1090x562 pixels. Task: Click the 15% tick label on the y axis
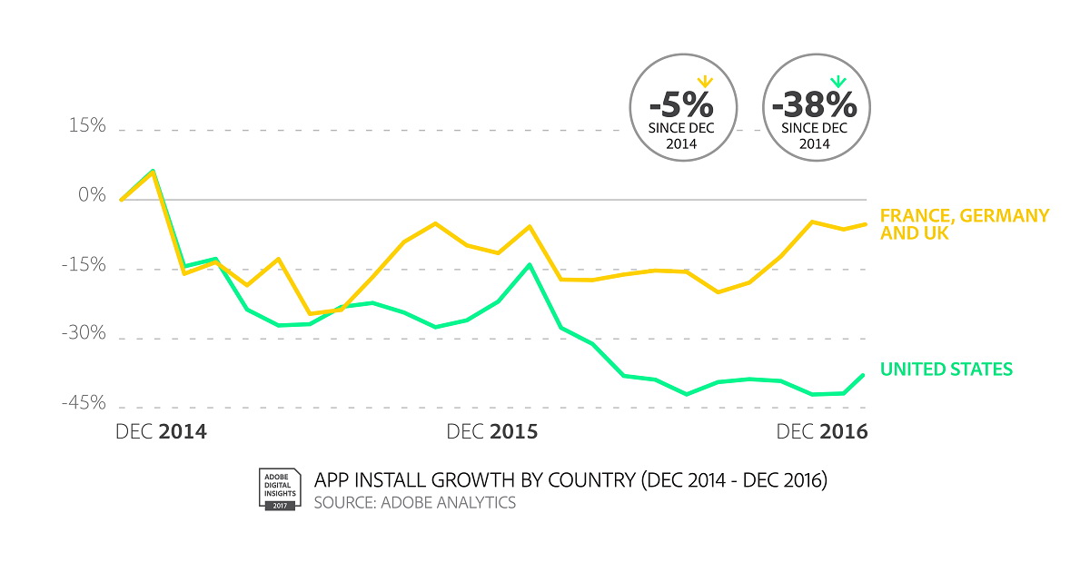click(x=87, y=126)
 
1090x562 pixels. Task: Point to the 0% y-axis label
click(x=91, y=196)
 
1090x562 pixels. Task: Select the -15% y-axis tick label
click(x=84, y=265)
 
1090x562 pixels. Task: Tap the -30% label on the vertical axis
click(x=84, y=335)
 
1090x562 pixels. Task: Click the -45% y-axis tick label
click(x=84, y=404)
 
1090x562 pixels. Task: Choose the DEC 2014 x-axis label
click(x=161, y=431)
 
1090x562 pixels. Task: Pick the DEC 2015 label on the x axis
click(x=491, y=431)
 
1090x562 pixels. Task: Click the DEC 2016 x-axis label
click(x=822, y=431)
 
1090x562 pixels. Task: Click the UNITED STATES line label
click(x=946, y=370)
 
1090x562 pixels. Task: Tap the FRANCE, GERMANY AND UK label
click(x=965, y=224)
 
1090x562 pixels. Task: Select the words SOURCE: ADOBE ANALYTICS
click(x=414, y=502)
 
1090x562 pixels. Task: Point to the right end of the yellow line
click(x=866, y=223)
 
